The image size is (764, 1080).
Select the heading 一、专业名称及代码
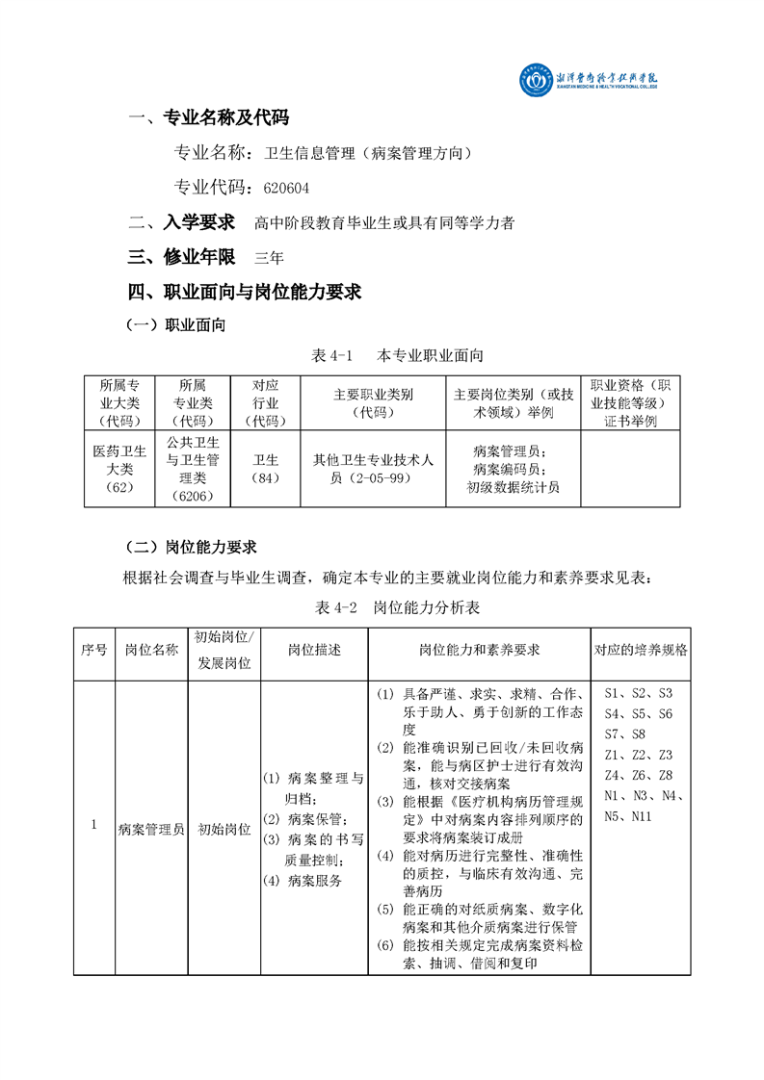coord(208,118)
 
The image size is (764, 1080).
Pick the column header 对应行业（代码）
coord(265,402)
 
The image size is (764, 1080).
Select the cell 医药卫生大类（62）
coord(119,469)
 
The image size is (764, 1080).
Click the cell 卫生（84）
coord(265,469)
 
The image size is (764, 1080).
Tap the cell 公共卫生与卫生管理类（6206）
coord(193,469)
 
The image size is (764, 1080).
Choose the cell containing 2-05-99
coord(374,469)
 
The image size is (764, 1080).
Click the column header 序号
coord(93,650)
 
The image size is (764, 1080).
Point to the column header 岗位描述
coord(314,650)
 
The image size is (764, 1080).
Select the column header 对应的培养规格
coord(641,650)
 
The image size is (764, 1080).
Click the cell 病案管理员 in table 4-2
coord(150,827)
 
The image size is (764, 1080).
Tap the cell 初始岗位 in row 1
coord(224,827)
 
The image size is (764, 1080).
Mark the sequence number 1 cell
coord(93,825)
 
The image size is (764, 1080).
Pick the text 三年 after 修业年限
coord(269,257)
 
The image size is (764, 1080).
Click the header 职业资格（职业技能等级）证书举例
coord(630,402)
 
